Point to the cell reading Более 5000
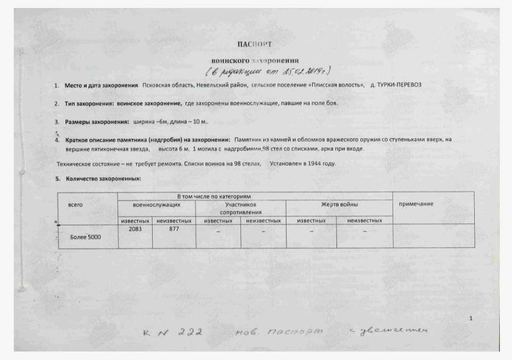pyautogui.click(x=86, y=237)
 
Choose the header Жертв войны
pyautogui.click(x=339, y=204)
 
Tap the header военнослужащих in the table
pyautogui.click(x=156, y=204)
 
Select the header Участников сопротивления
pyautogui.click(x=241, y=208)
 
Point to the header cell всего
pyautogui.click(x=76, y=204)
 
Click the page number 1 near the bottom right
pyautogui.click(x=471, y=318)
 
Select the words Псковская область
pyautogui.click(x=167, y=86)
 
